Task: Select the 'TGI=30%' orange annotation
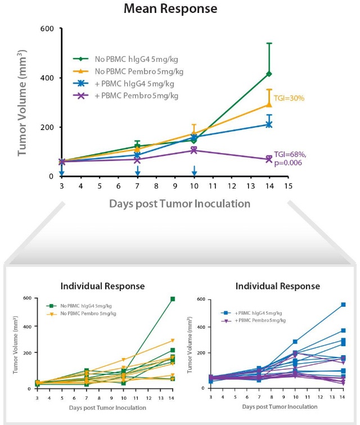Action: pyautogui.click(x=290, y=99)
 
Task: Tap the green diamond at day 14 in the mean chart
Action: pyautogui.click(x=269, y=74)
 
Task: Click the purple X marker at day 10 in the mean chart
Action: pyautogui.click(x=193, y=150)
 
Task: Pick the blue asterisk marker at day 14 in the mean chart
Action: pyautogui.click(x=269, y=124)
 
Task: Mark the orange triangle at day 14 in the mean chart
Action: pyautogui.click(x=269, y=104)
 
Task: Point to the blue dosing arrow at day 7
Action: pyautogui.click(x=137, y=171)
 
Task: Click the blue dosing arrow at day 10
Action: pyautogui.click(x=194, y=171)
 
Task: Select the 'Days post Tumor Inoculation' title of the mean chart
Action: pyautogui.click(x=172, y=203)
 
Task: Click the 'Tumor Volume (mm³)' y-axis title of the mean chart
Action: pyautogui.click(x=22, y=102)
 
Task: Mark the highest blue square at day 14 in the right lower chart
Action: pyautogui.click(x=343, y=305)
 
